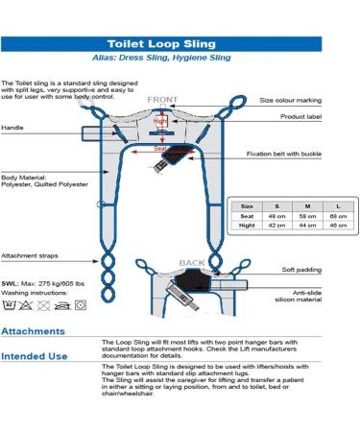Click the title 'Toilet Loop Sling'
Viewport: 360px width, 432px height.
point(179,44)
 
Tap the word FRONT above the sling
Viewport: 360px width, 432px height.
point(163,99)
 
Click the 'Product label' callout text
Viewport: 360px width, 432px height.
point(322,118)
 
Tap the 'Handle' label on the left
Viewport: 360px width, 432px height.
point(13,127)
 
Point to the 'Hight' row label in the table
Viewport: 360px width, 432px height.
point(247,228)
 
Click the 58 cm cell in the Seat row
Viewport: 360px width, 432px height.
point(306,216)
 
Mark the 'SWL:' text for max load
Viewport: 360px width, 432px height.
point(12,284)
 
